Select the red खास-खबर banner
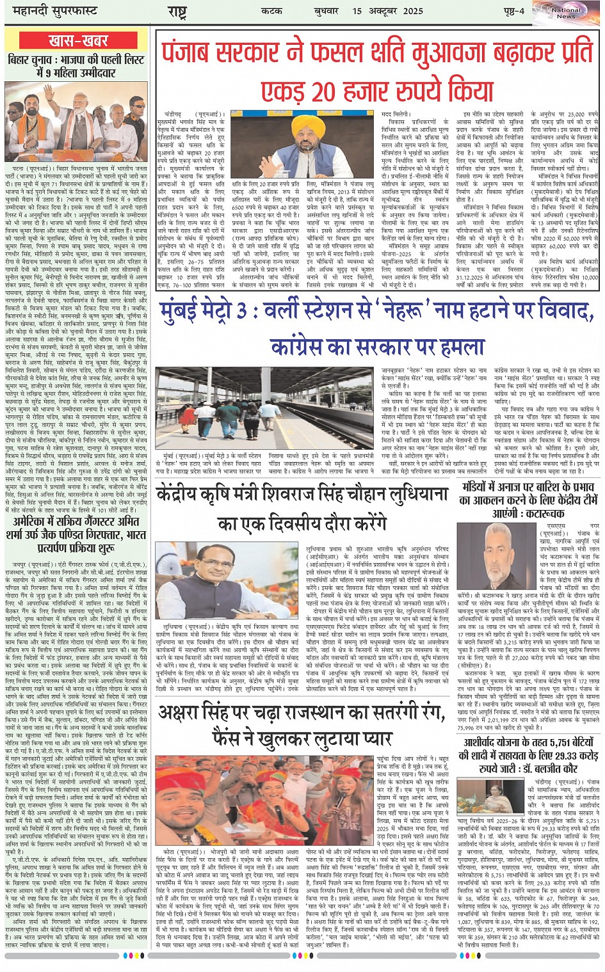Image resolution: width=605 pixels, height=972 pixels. click(78, 42)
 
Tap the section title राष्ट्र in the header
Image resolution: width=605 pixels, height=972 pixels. click(177, 11)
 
